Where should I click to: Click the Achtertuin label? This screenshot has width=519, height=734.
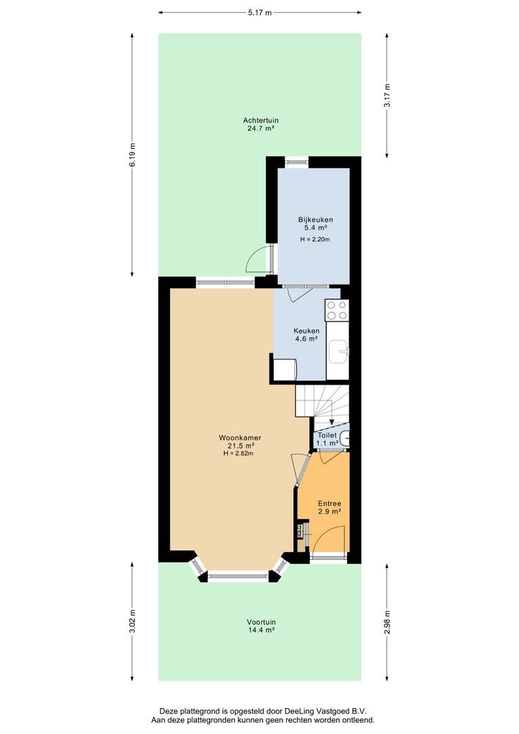click(x=261, y=120)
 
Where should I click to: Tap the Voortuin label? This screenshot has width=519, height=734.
click(x=261, y=622)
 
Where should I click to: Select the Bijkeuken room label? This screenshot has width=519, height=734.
click(x=315, y=220)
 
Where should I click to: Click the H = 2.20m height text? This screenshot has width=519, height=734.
click(x=315, y=240)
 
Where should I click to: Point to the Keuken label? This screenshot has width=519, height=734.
click(x=306, y=331)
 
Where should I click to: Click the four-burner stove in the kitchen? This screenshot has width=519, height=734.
click(x=337, y=310)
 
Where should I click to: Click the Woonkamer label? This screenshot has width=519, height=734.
click(x=240, y=438)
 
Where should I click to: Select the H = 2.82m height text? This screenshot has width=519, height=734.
click(x=238, y=453)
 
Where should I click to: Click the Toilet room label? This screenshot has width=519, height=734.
click(x=327, y=436)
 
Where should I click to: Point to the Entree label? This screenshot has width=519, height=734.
click(x=329, y=504)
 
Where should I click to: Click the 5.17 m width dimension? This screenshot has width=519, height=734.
click(x=259, y=13)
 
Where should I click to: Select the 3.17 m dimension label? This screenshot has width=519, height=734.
click(x=387, y=96)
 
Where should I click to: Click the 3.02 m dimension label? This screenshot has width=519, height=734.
click(x=132, y=621)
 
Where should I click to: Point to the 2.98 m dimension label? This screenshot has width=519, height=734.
click(x=387, y=621)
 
